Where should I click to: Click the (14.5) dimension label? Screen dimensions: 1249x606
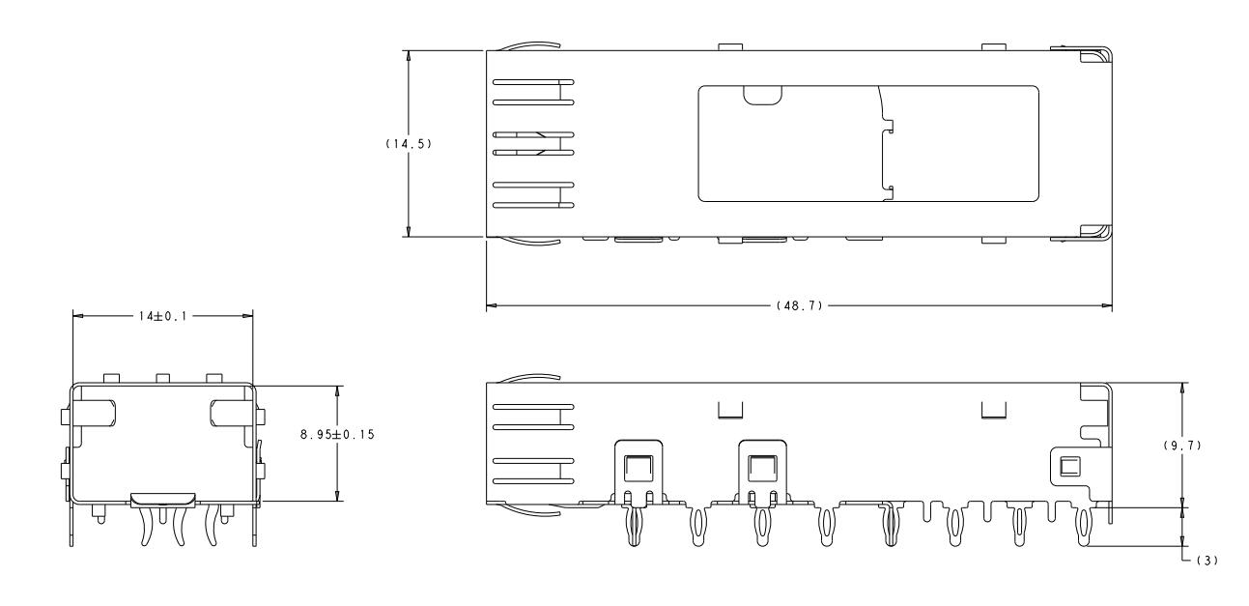click(409, 143)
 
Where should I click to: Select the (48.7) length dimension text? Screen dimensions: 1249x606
click(800, 305)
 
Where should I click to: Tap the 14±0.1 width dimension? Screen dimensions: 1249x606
click(163, 316)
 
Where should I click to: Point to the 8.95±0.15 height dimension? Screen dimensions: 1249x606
click(337, 434)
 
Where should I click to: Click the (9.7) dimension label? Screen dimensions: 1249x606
click(1182, 446)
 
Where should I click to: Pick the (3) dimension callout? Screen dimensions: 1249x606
click(1207, 561)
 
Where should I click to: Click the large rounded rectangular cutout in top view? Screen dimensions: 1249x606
click(868, 143)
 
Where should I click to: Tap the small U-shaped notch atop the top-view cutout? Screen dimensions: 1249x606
click(762, 96)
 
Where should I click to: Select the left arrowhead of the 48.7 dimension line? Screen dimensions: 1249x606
click(492, 305)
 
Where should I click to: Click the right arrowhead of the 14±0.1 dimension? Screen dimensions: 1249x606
click(247, 316)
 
